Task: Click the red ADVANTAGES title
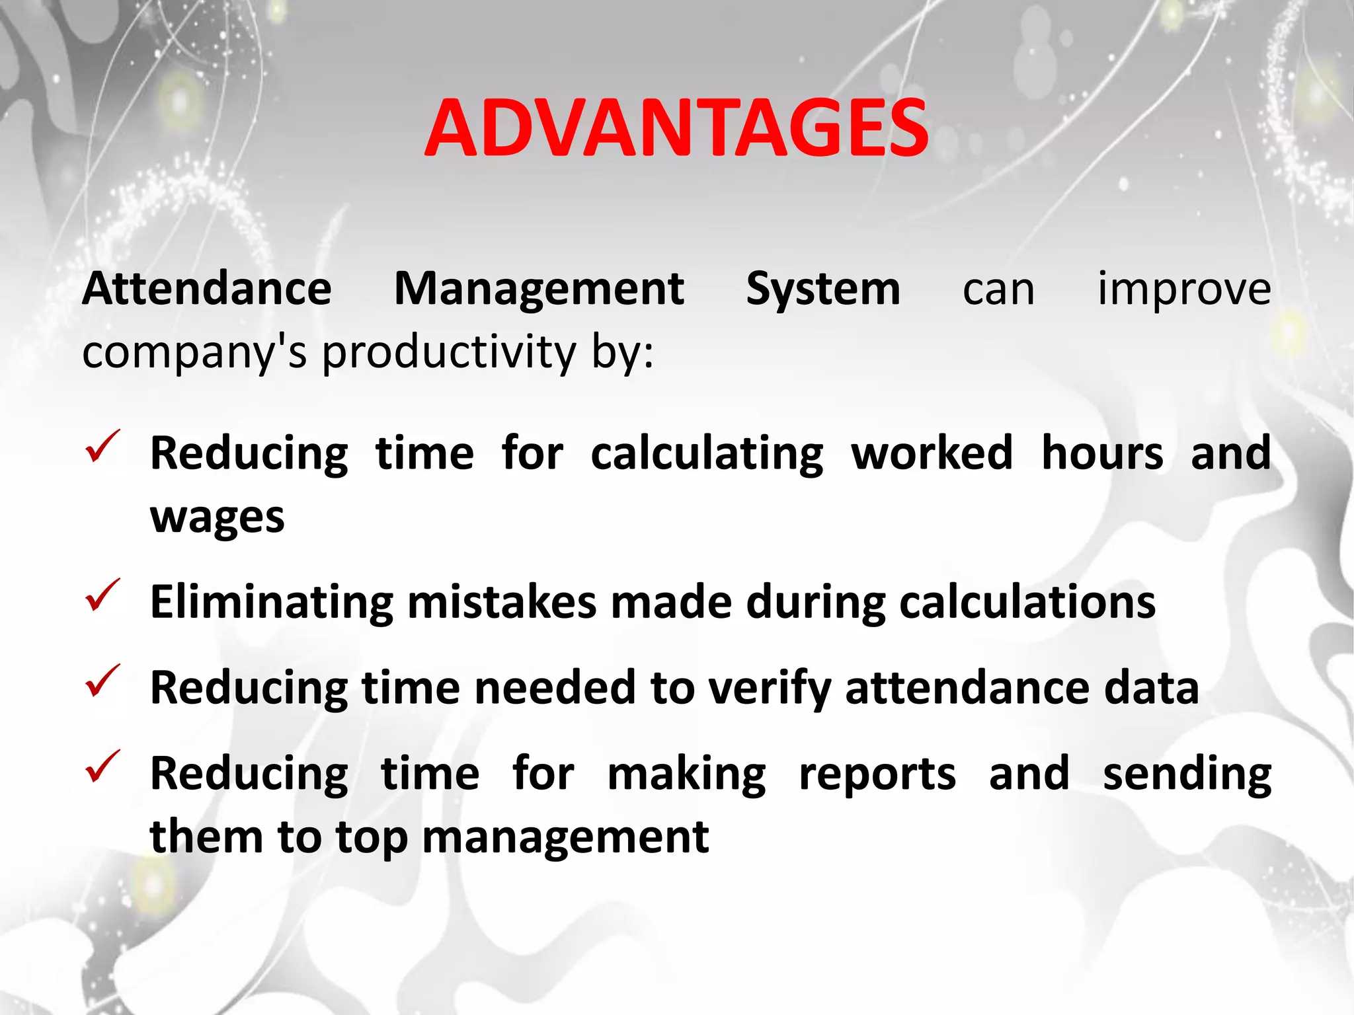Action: pos(676,129)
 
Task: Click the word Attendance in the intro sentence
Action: pos(206,289)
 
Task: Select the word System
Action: pos(823,289)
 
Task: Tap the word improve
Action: pos(1183,289)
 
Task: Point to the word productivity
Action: pos(450,352)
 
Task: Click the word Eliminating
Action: pos(272,603)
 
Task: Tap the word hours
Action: pos(1102,454)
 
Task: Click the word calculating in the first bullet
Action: pos(707,454)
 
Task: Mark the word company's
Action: pos(194,352)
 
